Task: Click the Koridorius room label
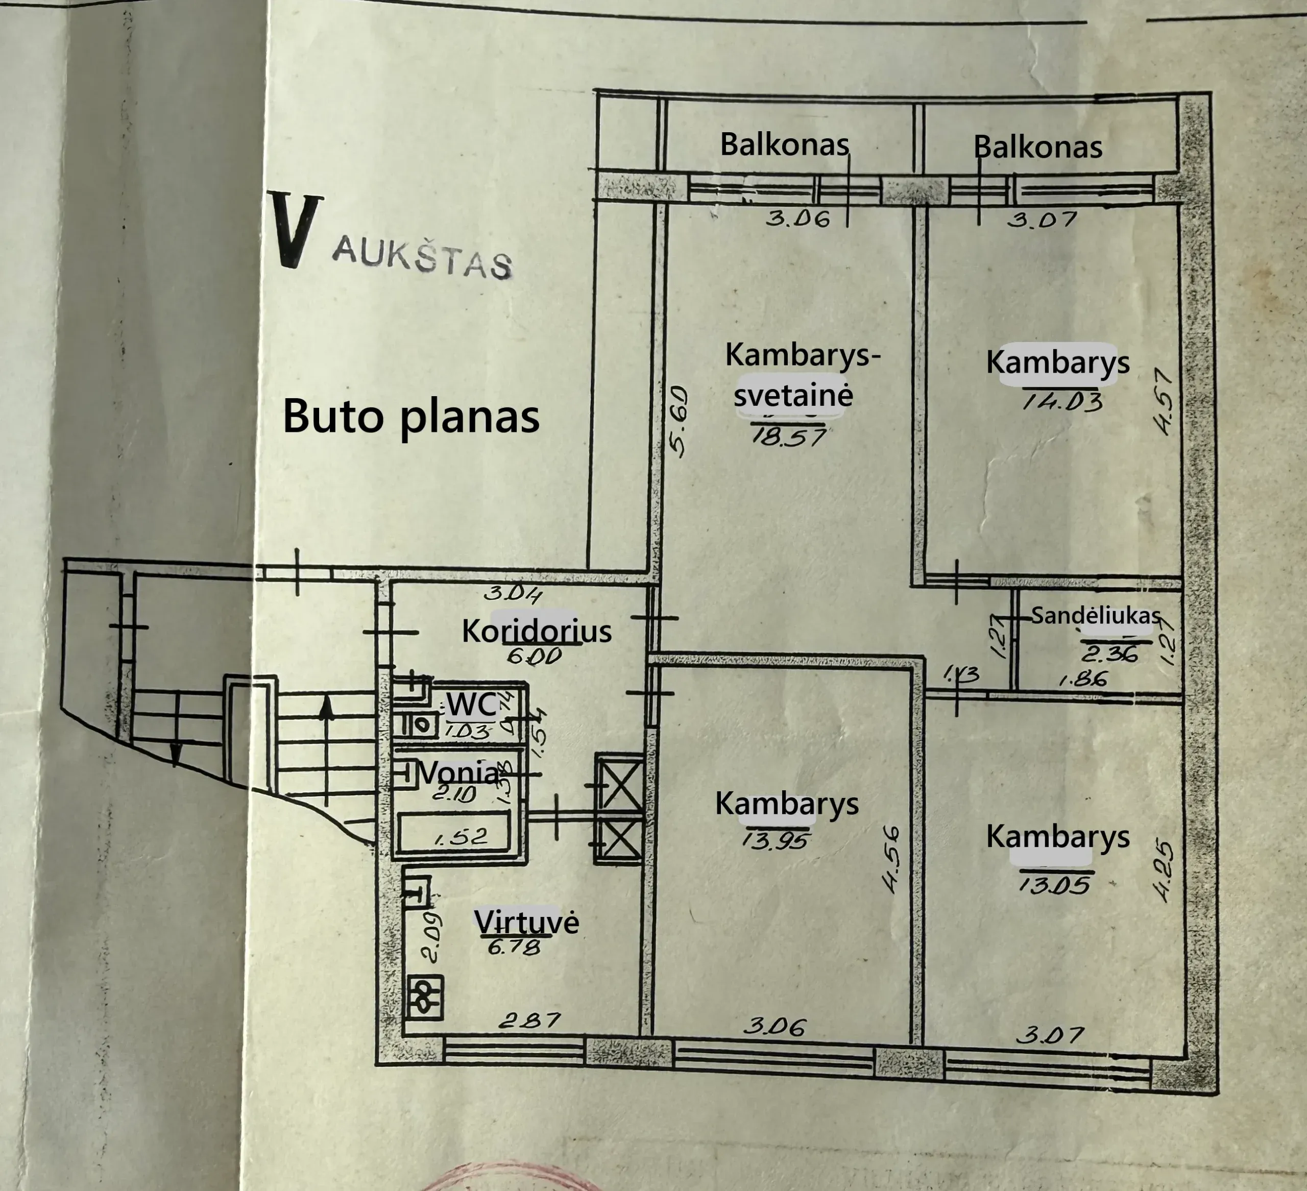coord(536,631)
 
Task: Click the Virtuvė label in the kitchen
coord(526,922)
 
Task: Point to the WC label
coord(471,704)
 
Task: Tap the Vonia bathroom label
coord(458,772)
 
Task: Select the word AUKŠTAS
coord(422,258)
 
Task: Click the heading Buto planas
coord(411,416)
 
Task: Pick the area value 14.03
coord(1062,402)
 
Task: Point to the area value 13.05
coord(1055,884)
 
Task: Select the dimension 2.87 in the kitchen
coord(529,1021)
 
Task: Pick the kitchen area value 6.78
coord(514,947)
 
